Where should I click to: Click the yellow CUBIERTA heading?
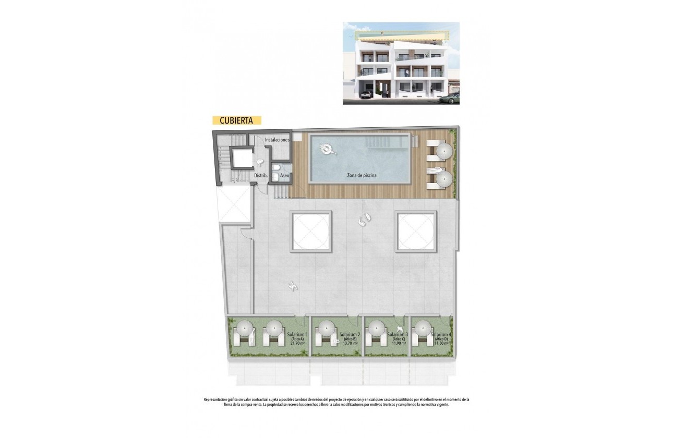click(x=236, y=120)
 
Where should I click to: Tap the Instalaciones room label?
click(x=277, y=140)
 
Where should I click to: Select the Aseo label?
click(x=285, y=176)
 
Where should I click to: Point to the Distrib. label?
click(x=261, y=176)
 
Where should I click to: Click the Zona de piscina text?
click(x=362, y=176)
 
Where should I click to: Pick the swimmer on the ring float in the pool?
click(x=328, y=150)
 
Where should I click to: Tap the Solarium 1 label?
click(x=297, y=334)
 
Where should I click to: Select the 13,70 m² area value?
click(x=348, y=344)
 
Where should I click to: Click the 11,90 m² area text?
click(x=399, y=344)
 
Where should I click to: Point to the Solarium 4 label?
click(x=441, y=334)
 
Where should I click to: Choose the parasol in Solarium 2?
click(x=326, y=329)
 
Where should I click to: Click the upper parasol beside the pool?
click(x=444, y=151)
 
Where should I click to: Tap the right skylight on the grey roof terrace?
click(x=415, y=231)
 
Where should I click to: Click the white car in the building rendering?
click(x=365, y=94)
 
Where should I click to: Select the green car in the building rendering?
click(x=450, y=98)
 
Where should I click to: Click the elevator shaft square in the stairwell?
click(x=241, y=157)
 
